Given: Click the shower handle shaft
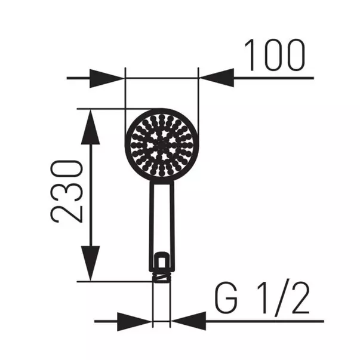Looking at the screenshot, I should coord(161,215).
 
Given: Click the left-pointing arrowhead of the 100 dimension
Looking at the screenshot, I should coord(216,78).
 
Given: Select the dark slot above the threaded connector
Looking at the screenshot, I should coord(161,261).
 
